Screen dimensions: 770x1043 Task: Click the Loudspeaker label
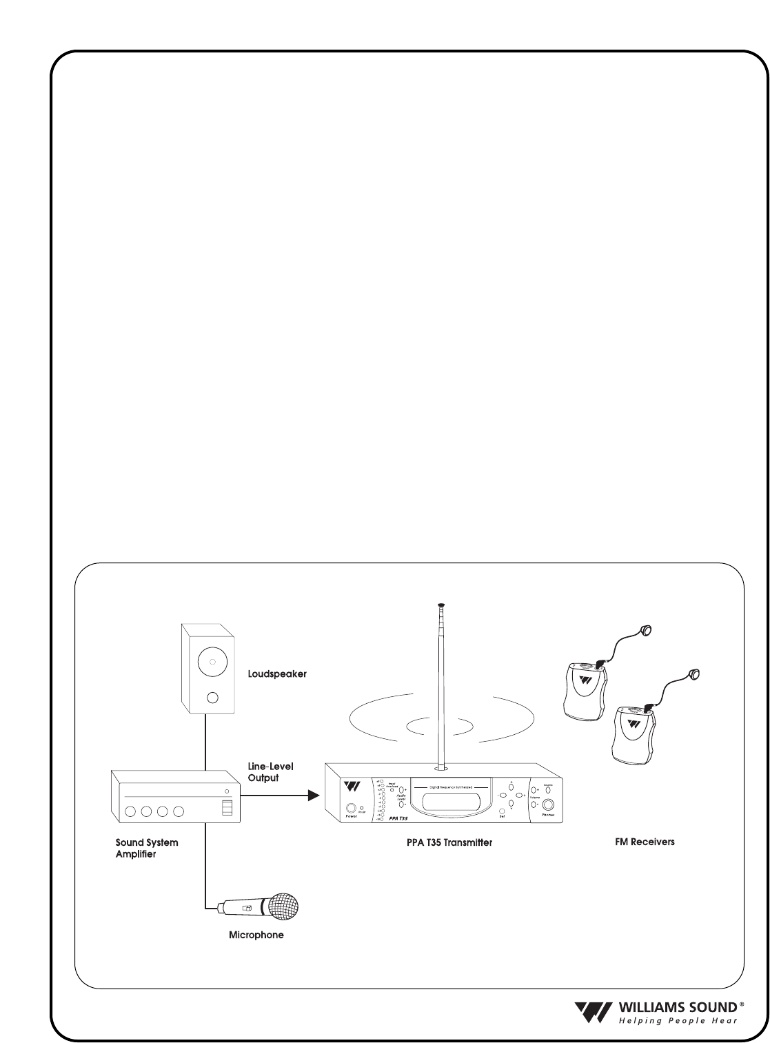click(276, 674)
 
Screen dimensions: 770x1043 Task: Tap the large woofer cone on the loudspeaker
click(212, 662)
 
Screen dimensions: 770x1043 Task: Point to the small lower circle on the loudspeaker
click(212, 698)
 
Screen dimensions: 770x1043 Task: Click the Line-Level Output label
click(271, 772)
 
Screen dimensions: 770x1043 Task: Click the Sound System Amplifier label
click(146, 848)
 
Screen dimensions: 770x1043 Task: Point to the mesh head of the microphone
click(285, 905)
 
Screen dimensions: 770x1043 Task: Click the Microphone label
click(256, 935)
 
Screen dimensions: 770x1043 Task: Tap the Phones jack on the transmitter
click(549, 805)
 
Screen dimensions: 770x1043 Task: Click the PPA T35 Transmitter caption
click(449, 842)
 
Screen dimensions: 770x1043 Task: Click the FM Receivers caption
click(645, 842)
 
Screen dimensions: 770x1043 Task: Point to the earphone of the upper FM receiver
click(647, 629)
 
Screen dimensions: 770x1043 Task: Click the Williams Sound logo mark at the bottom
click(592, 1011)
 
